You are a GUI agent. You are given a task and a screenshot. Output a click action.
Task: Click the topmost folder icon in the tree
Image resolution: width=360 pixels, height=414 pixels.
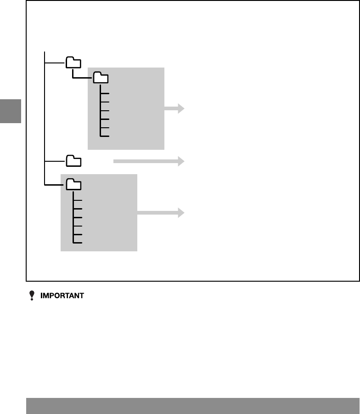[73, 62]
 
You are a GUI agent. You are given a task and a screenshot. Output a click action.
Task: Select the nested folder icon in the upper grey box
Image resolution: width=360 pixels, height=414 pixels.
[101, 78]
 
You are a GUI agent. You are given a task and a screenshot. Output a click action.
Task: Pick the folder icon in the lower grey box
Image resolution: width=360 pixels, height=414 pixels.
[73, 185]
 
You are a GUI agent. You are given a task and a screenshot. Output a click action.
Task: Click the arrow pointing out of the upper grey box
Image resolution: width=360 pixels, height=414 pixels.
[174, 108]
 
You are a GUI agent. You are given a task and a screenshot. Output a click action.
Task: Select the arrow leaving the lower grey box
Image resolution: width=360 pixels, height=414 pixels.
[161, 213]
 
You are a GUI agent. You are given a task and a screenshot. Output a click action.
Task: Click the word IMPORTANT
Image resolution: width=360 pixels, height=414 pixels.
[62, 296]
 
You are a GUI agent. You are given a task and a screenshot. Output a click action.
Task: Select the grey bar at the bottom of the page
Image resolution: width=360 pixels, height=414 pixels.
[193, 406]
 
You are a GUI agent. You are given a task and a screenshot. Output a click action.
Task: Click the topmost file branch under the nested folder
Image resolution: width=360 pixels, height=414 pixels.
[105, 93]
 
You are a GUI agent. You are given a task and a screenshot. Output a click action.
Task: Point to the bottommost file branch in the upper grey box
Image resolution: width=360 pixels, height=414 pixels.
[105, 136]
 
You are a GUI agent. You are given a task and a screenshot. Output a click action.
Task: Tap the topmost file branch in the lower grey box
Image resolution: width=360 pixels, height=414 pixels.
[78, 200]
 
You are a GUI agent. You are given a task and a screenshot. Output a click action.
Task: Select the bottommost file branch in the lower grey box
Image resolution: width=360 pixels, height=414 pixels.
[78, 243]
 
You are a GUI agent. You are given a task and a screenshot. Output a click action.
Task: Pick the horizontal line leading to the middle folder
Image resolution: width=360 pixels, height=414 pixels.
[55, 161]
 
